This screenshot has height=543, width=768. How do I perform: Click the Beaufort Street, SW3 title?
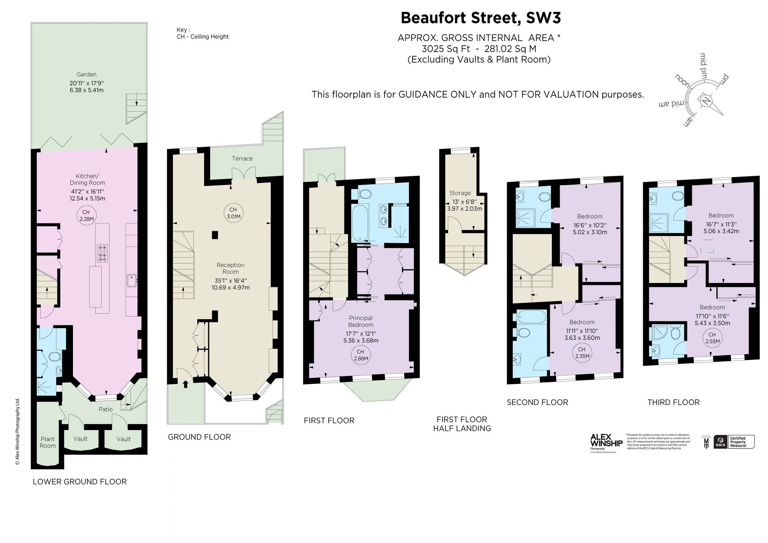click(481, 18)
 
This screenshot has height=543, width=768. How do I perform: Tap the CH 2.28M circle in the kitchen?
click(86, 215)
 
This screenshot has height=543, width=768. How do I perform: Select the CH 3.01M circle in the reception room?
click(233, 213)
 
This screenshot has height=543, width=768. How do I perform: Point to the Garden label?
click(86, 74)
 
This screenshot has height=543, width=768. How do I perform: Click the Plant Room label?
click(47, 442)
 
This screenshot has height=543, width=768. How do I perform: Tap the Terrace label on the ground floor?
click(242, 158)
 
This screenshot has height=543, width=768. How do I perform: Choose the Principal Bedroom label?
click(361, 321)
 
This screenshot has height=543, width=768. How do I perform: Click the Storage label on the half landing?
click(460, 193)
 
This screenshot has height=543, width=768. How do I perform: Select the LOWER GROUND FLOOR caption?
click(80, 482)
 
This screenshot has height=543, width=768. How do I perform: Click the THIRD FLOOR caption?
click(673, 402)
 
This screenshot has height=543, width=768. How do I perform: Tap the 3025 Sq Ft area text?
click(445, 49)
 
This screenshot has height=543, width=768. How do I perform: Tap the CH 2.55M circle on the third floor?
click(712, 338)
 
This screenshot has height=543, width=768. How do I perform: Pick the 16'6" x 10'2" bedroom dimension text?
click(590, 225)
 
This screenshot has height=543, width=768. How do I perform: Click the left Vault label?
click(80, 439)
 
